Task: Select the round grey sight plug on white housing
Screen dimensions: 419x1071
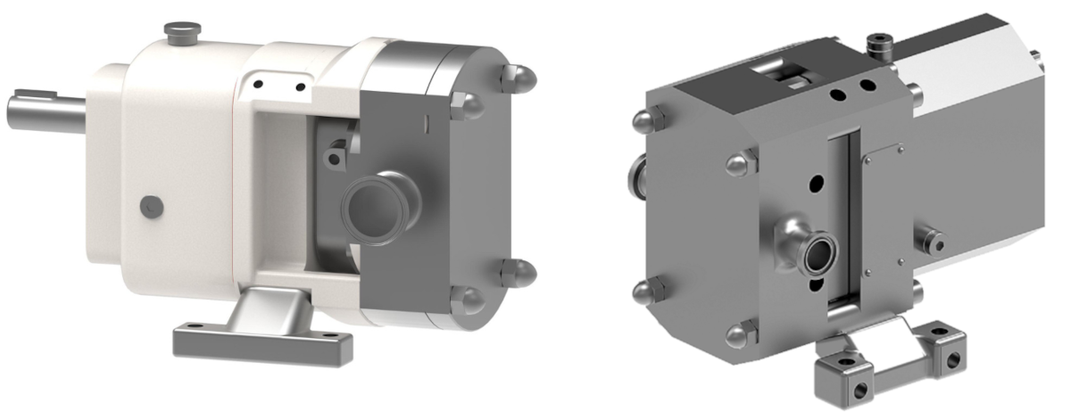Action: (148, 207)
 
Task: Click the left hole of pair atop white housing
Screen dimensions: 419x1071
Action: (258, 85)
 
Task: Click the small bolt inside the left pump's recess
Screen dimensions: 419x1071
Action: (335, 159)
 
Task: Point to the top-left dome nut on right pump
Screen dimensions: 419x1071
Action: (644, 120)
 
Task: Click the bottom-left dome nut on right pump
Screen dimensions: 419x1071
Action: (645, 292)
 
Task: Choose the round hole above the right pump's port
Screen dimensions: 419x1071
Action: (815, 184)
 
